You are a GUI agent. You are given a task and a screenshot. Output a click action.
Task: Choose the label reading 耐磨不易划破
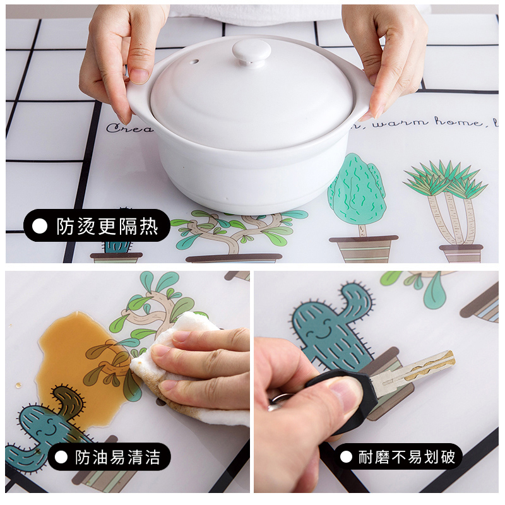[x=398, y=456]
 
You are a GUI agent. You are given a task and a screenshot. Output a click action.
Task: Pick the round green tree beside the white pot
[x=357, y=189]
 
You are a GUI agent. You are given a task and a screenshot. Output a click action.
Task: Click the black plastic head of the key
[x=344, y=395]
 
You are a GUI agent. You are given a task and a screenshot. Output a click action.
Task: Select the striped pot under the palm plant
[x=461, y=252]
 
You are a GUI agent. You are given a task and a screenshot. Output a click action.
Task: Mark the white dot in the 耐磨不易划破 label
[x=345, y=456]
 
